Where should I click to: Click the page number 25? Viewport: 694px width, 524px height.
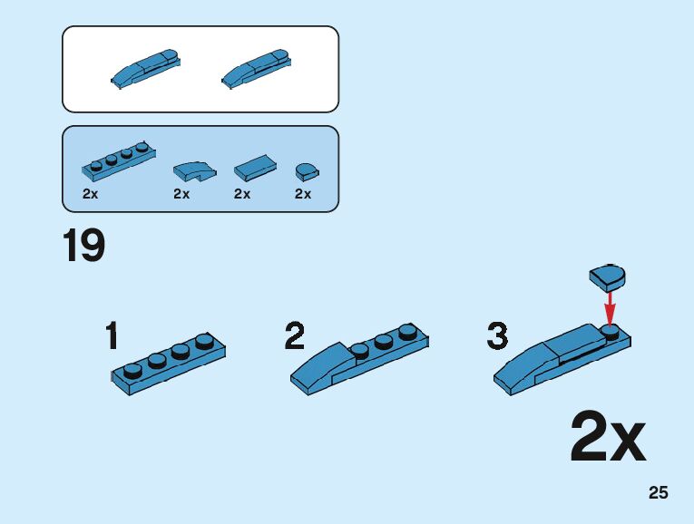point(658,493)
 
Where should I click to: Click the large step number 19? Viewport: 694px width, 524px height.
point(83,246)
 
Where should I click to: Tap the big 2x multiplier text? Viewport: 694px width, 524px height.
point(608,439)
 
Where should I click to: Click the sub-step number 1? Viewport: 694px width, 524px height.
point(112,336)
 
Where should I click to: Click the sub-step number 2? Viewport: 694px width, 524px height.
point(295,336)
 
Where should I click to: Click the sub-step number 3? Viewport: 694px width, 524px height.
point(497,336)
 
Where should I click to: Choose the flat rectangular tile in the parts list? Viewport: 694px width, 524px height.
point(256,167)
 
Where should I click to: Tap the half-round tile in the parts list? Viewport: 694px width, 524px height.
point(307,170)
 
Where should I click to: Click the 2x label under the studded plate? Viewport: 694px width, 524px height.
point(90,194)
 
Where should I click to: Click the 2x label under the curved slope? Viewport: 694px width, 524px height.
point(181,194)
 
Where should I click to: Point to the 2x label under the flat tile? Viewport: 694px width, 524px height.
point(242,194)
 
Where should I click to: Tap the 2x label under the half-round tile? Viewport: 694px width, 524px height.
point(303,194)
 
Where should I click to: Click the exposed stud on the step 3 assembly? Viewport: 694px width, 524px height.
point(610,332)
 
